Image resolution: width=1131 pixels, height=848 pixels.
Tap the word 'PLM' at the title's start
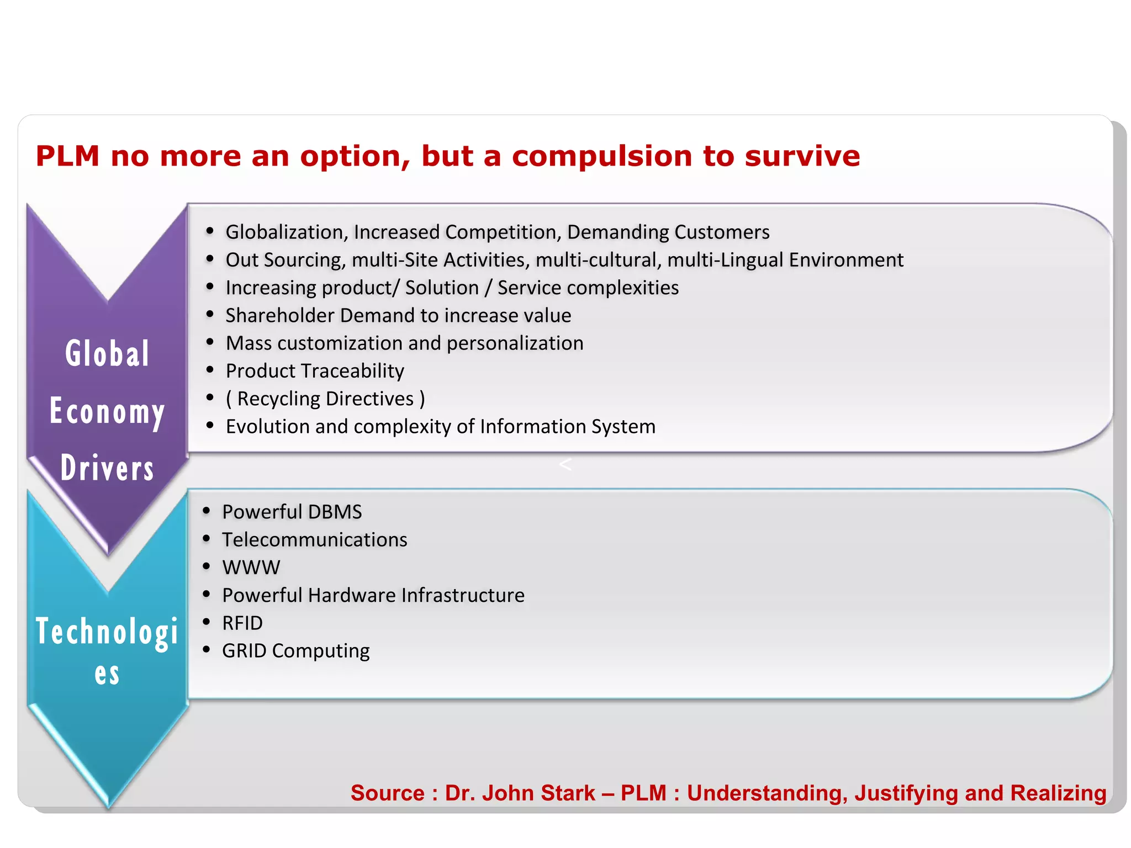(x=67, y=156)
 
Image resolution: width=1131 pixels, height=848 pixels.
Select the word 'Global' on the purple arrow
(x=107, y=353)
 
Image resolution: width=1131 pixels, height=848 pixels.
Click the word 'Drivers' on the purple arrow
(x=107, y=468)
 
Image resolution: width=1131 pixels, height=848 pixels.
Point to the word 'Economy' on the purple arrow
(x=107, y=412)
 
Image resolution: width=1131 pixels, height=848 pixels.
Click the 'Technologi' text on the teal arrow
(x=107, y=632)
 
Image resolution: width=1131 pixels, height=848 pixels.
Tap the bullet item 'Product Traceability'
(x=315, y=371)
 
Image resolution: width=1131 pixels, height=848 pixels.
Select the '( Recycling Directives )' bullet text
(x=325, y=399)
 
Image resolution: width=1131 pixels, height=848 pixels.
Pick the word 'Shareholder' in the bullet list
(x=280, y=315)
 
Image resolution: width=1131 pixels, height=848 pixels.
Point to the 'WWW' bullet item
(x=251, y=568)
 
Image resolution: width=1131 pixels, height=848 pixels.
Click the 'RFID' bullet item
(x=242, y=623)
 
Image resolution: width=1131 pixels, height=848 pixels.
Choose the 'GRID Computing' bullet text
(x=296, y=651)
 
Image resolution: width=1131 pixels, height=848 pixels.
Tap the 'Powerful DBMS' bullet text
(x=292, y=512)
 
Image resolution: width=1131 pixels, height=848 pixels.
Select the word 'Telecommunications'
(x=315, y=539)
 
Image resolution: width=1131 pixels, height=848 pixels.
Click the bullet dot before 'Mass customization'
(x=210, y=342)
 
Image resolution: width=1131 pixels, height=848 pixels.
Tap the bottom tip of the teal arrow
(x=108, y=807)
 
